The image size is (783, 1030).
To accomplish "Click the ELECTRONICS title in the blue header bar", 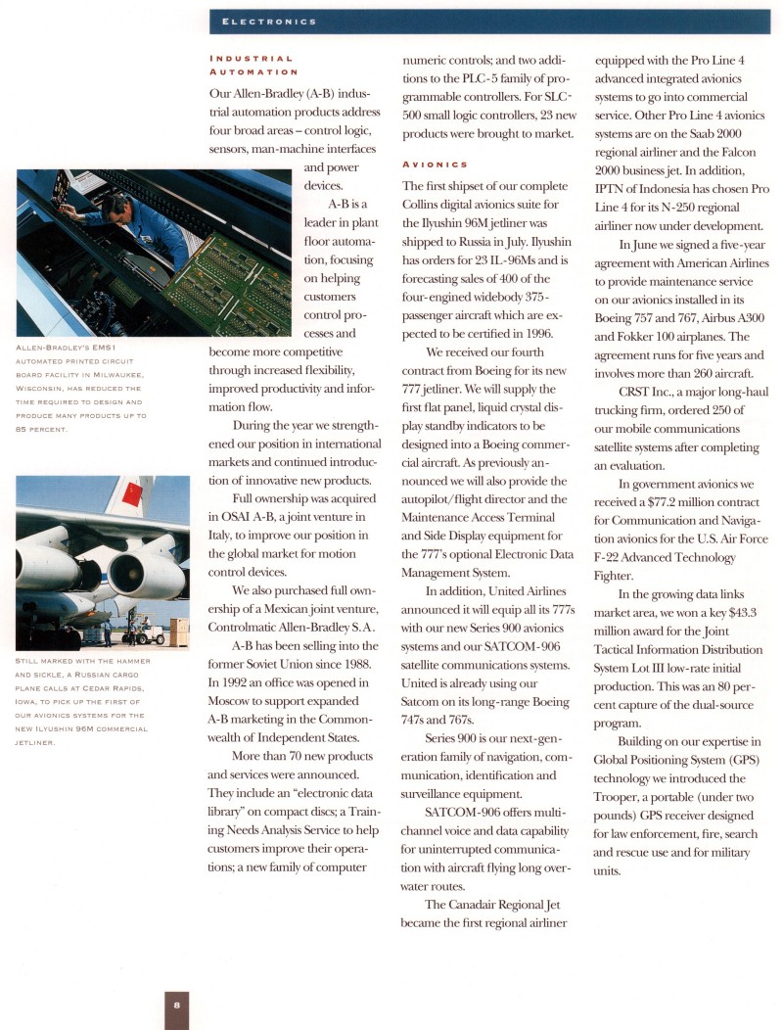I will (268, 21).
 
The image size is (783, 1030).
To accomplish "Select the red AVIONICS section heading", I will (435, 164).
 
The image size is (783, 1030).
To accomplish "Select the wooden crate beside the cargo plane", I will (179, 632).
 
